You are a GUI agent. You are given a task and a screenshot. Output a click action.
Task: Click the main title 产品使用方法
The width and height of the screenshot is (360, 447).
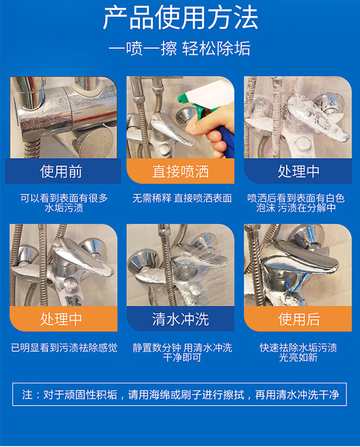tap(180, 18)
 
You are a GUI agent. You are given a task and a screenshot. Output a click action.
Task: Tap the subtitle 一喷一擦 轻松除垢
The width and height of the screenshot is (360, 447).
tap(180, 48)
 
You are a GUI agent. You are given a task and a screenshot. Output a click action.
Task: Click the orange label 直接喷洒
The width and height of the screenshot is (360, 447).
tap(180, 171)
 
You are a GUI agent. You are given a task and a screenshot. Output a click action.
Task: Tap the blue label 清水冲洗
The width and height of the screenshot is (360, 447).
tap(180, 319)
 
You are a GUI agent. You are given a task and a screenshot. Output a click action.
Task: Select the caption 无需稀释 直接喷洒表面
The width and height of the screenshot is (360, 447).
tap(182, 198)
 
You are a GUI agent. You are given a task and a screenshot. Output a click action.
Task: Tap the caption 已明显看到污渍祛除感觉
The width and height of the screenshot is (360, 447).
tap(64, 348)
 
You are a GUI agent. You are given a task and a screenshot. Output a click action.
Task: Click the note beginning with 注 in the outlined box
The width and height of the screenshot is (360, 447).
tap(180, 395)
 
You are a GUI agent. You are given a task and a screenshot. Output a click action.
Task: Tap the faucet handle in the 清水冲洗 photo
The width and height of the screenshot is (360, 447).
tap(200, 258)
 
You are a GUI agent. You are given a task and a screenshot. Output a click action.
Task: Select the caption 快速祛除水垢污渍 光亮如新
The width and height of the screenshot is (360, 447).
tap(298, 352)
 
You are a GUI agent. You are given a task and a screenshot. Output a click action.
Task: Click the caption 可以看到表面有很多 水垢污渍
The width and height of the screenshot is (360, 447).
tap(64, 203)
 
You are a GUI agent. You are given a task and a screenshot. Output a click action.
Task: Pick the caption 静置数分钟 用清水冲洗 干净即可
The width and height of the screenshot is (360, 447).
tap(182, 352)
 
